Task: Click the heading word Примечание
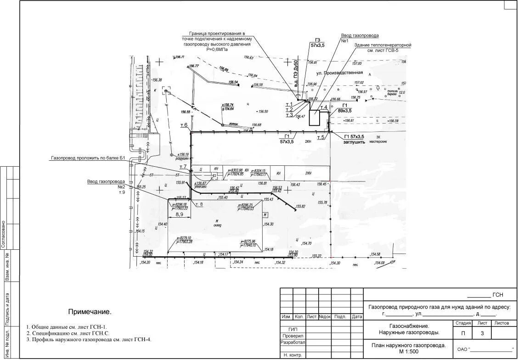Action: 90,312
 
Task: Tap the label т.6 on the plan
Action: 184,125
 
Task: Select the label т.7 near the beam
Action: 183,167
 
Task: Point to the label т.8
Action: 199,204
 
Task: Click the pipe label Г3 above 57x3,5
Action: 317,39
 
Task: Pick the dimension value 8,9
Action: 179,214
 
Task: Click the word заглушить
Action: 354,142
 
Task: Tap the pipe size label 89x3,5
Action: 344,111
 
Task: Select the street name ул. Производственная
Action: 339,73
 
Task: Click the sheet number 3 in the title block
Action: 482,334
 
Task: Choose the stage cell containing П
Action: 463,334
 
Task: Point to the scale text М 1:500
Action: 409,351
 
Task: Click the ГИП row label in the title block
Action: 293,329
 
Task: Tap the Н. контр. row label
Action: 293,355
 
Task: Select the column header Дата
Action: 357,317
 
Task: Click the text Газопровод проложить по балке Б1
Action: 88,158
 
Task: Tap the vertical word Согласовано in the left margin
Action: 3,235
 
